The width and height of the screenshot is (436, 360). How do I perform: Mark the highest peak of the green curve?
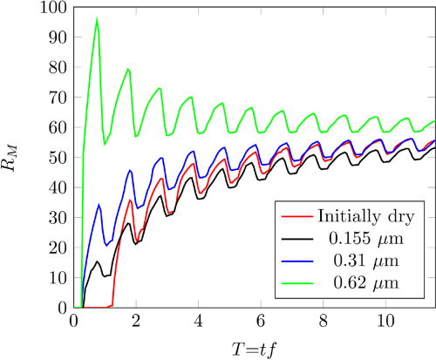[x=97, y=17]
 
